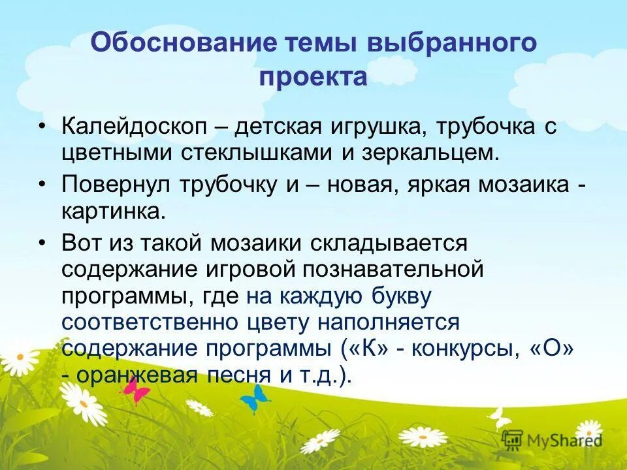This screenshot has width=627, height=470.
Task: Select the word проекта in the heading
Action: [x=313, y=77]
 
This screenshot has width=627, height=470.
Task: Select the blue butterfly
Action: [x=254, y=396]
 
